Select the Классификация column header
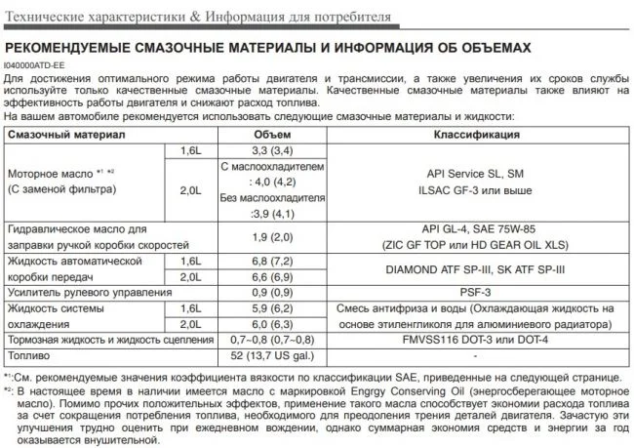tap(475, 134)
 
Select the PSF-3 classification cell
tap(475, 292)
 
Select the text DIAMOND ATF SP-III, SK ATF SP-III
tap(475, 268)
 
